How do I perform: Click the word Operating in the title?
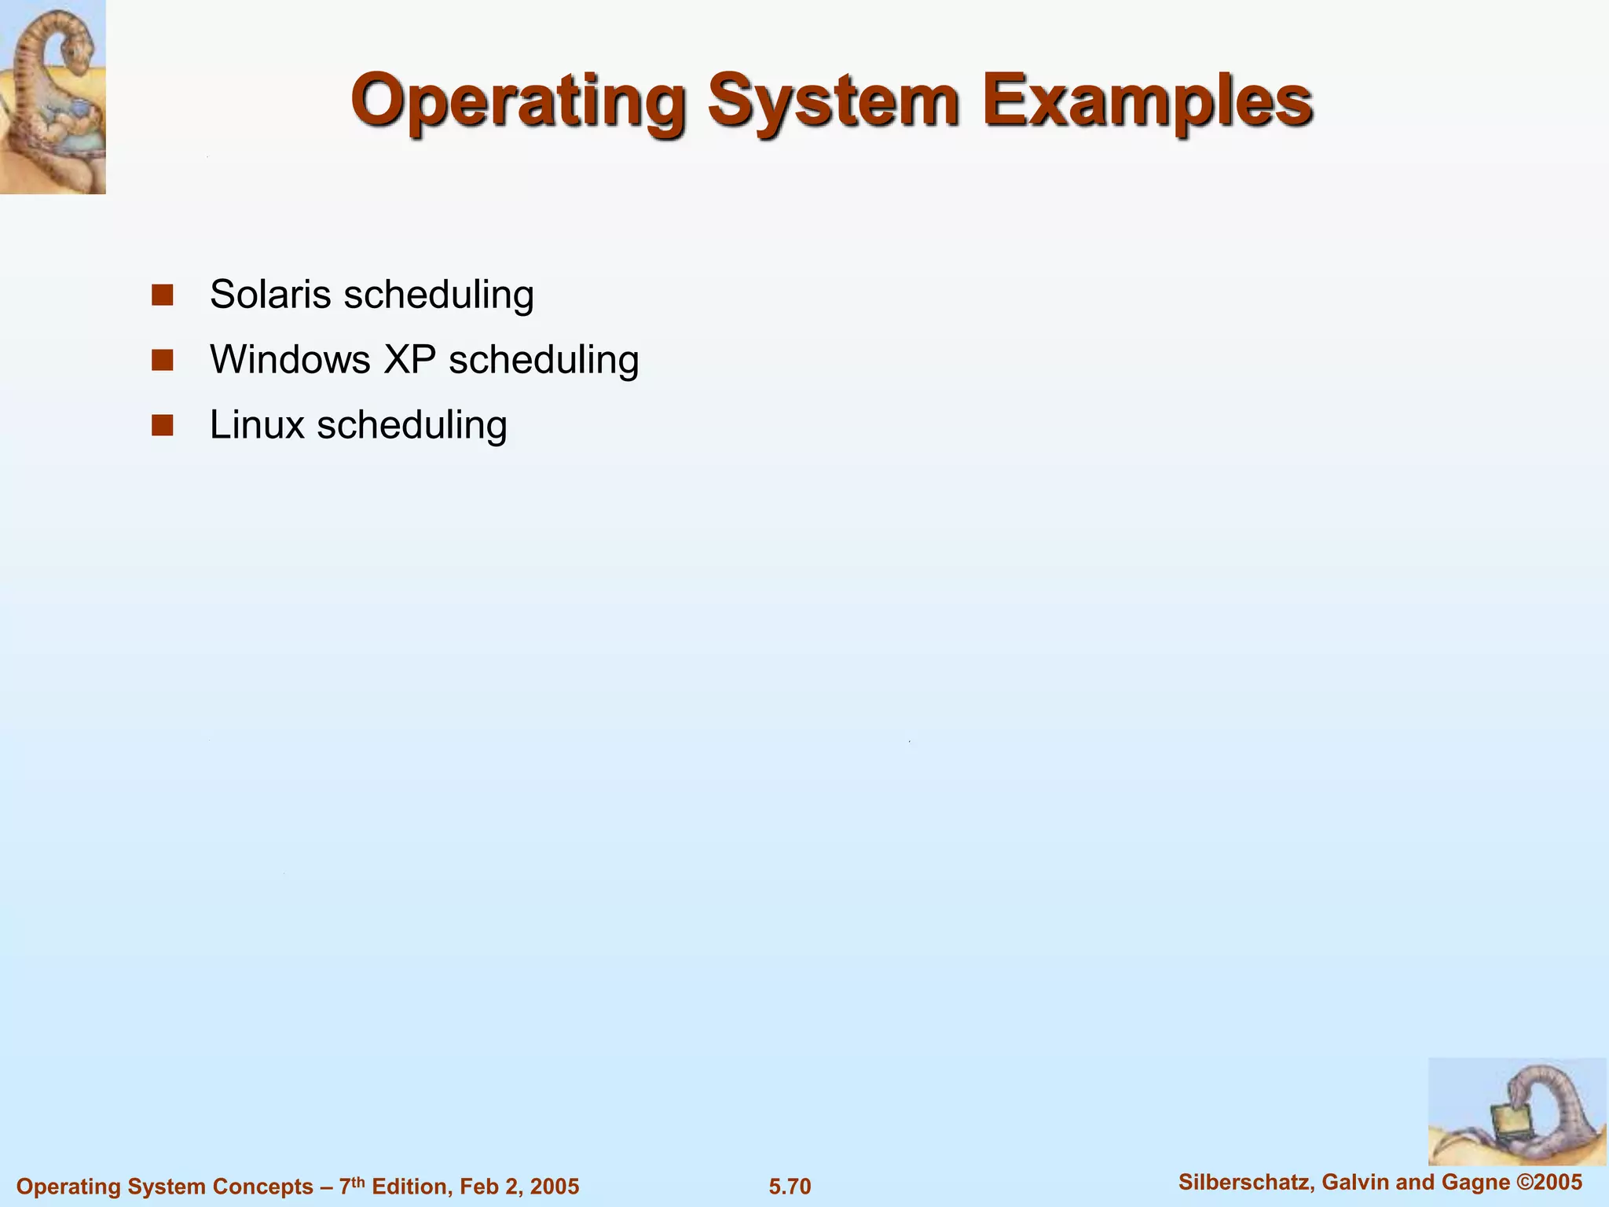tap(519, 102)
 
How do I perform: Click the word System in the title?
tap(833, 102)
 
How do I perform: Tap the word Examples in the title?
tap(1147, 102)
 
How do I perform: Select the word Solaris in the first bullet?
tap(270, 295)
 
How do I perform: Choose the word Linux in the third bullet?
tap(257, 425)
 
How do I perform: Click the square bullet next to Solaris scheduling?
tap(163, 295)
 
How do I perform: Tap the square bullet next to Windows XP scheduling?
tap(163, 361)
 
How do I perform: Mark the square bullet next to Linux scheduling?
tap(163, 426)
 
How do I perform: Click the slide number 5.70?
tap(790, 1186)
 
